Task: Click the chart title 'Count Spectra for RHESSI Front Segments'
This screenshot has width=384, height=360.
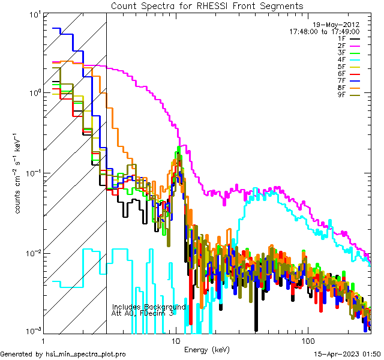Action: (207, 5)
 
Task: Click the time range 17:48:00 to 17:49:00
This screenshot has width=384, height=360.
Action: (325, 31)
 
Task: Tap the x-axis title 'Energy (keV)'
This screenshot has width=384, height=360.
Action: (207, 350)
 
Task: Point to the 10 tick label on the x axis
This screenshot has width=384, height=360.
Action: (176, 341)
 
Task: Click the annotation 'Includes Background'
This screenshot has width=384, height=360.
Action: (149, 307)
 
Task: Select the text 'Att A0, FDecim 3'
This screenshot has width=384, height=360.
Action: (143, 313)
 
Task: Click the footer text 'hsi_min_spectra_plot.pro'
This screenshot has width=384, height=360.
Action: (86, 355)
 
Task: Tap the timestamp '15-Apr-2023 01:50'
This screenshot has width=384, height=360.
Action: (347, 355)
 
